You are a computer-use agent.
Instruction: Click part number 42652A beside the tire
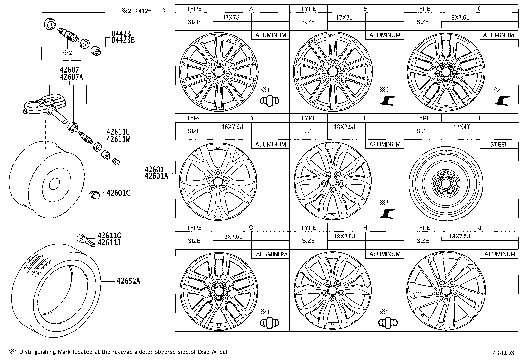point(128,281)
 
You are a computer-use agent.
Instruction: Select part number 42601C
point(118,193)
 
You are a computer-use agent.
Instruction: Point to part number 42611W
point(118,139)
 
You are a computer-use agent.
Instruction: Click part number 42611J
point(109,243)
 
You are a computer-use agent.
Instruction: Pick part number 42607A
point(71,77)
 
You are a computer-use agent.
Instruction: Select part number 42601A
point(156,176)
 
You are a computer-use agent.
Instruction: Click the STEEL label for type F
point(499,144)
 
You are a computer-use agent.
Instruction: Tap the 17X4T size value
point(461,127)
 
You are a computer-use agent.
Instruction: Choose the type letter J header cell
point(479,228)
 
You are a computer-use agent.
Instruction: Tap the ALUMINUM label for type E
point(385,144)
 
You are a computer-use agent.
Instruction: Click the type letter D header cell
point(251,118)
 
